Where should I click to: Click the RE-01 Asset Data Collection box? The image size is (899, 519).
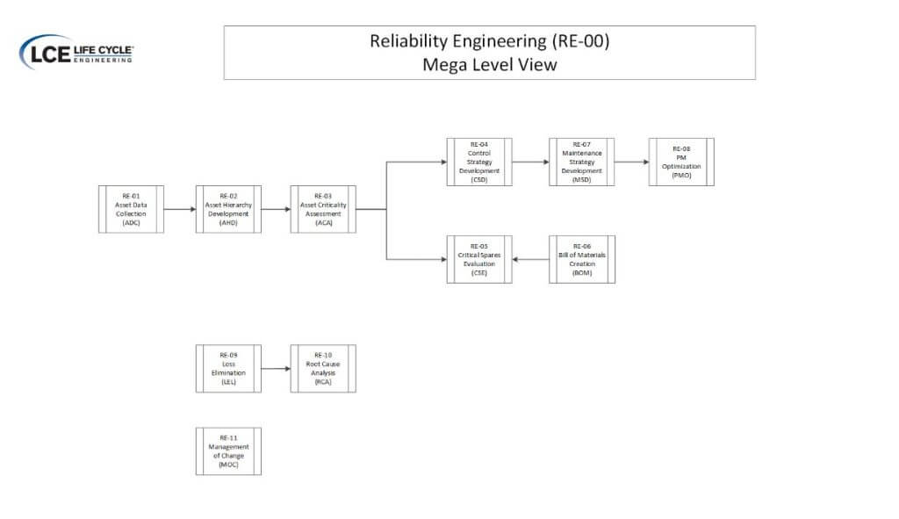pyautogui.click(x=131, y=209)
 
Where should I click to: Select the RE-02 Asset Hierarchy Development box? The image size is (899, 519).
pyautogui.click(x=228, y=209)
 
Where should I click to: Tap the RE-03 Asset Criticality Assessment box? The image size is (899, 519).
pyautogui.click(x=323, y=209)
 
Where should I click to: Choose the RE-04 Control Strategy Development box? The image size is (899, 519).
pyautogui.click(x=478, y=162)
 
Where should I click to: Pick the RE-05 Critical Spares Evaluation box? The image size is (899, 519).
pyautogui.click(x=478, y=259)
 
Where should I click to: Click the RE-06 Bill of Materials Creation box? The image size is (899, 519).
pyautogui.click(x=582, y=259)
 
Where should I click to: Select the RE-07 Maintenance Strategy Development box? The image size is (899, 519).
pyautogui.click(x=582, y=162)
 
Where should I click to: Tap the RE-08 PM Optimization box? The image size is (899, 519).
pyautogui.click(x=681, y=162)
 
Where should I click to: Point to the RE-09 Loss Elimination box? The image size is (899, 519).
pyautogui.click(x=228, y=368)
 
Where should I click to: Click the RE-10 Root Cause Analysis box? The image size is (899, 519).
pyautogui.click(x=323, y=368)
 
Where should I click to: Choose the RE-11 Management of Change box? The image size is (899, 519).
pyautogui.click(x=228, y=451)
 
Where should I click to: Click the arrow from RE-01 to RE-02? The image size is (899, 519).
pyautogui.click(x=179, y=210)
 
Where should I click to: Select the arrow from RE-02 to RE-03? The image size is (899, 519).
pyautogui.click(x=276, y=210)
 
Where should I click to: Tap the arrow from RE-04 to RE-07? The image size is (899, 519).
pyautogui.click(x=530, y=162)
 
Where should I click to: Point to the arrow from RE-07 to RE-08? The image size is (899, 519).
pyautogui.click(x=631, y=162)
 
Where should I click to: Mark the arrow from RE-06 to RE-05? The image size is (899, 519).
pyautogui.click(x=530, y=259)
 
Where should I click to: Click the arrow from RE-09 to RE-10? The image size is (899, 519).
pyautogui.click(x=276, y=368)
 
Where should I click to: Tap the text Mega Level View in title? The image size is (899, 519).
pyautogui.click(x=489, y=64)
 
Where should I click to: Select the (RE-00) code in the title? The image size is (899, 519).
pyautogui.click(x=578, y=40)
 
